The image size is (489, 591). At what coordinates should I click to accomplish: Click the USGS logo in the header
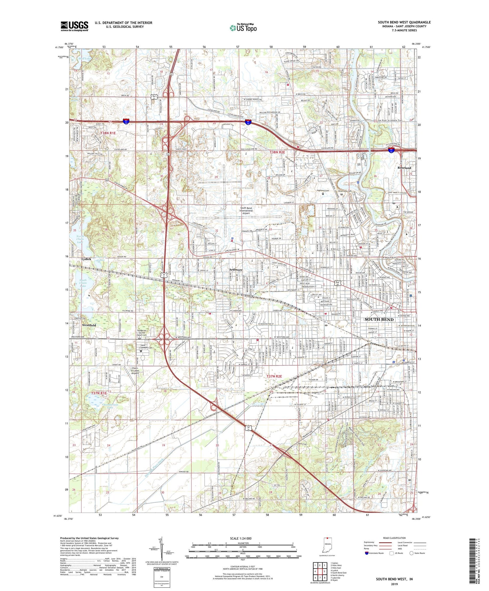tap(74, 26)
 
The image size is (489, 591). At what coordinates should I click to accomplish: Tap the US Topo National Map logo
tap(243, 28)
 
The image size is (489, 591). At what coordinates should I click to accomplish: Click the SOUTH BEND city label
tap(379, 319)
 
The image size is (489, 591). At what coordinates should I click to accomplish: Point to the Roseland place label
tap(404, 168)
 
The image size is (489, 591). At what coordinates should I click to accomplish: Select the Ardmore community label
tap(236, 270)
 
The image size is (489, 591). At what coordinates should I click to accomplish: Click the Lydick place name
tap(86, 259)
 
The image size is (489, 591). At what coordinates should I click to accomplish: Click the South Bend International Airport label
tap(246, 211)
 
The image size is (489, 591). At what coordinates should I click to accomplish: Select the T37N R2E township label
tap(274, 377)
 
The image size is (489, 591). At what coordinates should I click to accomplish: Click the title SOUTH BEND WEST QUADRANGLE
tap(404, 22)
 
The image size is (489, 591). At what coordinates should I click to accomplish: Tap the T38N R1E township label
tap(108, 133)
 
